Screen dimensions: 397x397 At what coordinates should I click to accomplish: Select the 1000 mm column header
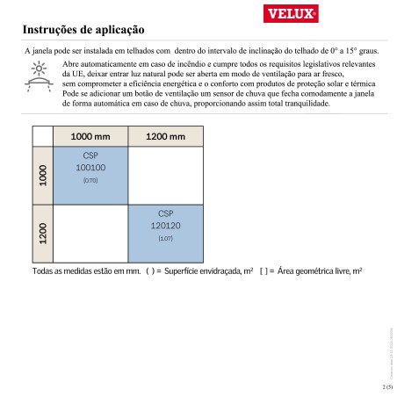pos(90,137)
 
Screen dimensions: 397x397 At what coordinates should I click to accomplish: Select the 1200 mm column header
pos(165,137)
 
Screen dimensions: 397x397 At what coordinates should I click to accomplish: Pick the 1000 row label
pos(43,175)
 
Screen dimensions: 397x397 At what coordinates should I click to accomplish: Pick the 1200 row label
pos(43,233)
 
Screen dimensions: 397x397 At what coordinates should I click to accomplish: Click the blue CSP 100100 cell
pos(90,175)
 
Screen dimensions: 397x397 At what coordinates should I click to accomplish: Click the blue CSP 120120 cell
pos(165,233)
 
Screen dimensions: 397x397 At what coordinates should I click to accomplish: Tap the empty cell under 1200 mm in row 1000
pos(165,175)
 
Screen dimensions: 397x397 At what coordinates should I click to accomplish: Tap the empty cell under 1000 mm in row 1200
pos(90,233)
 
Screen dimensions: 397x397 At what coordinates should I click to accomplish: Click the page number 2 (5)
pos(387,386)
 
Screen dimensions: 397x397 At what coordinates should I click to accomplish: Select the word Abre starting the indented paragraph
pos(73,65)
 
